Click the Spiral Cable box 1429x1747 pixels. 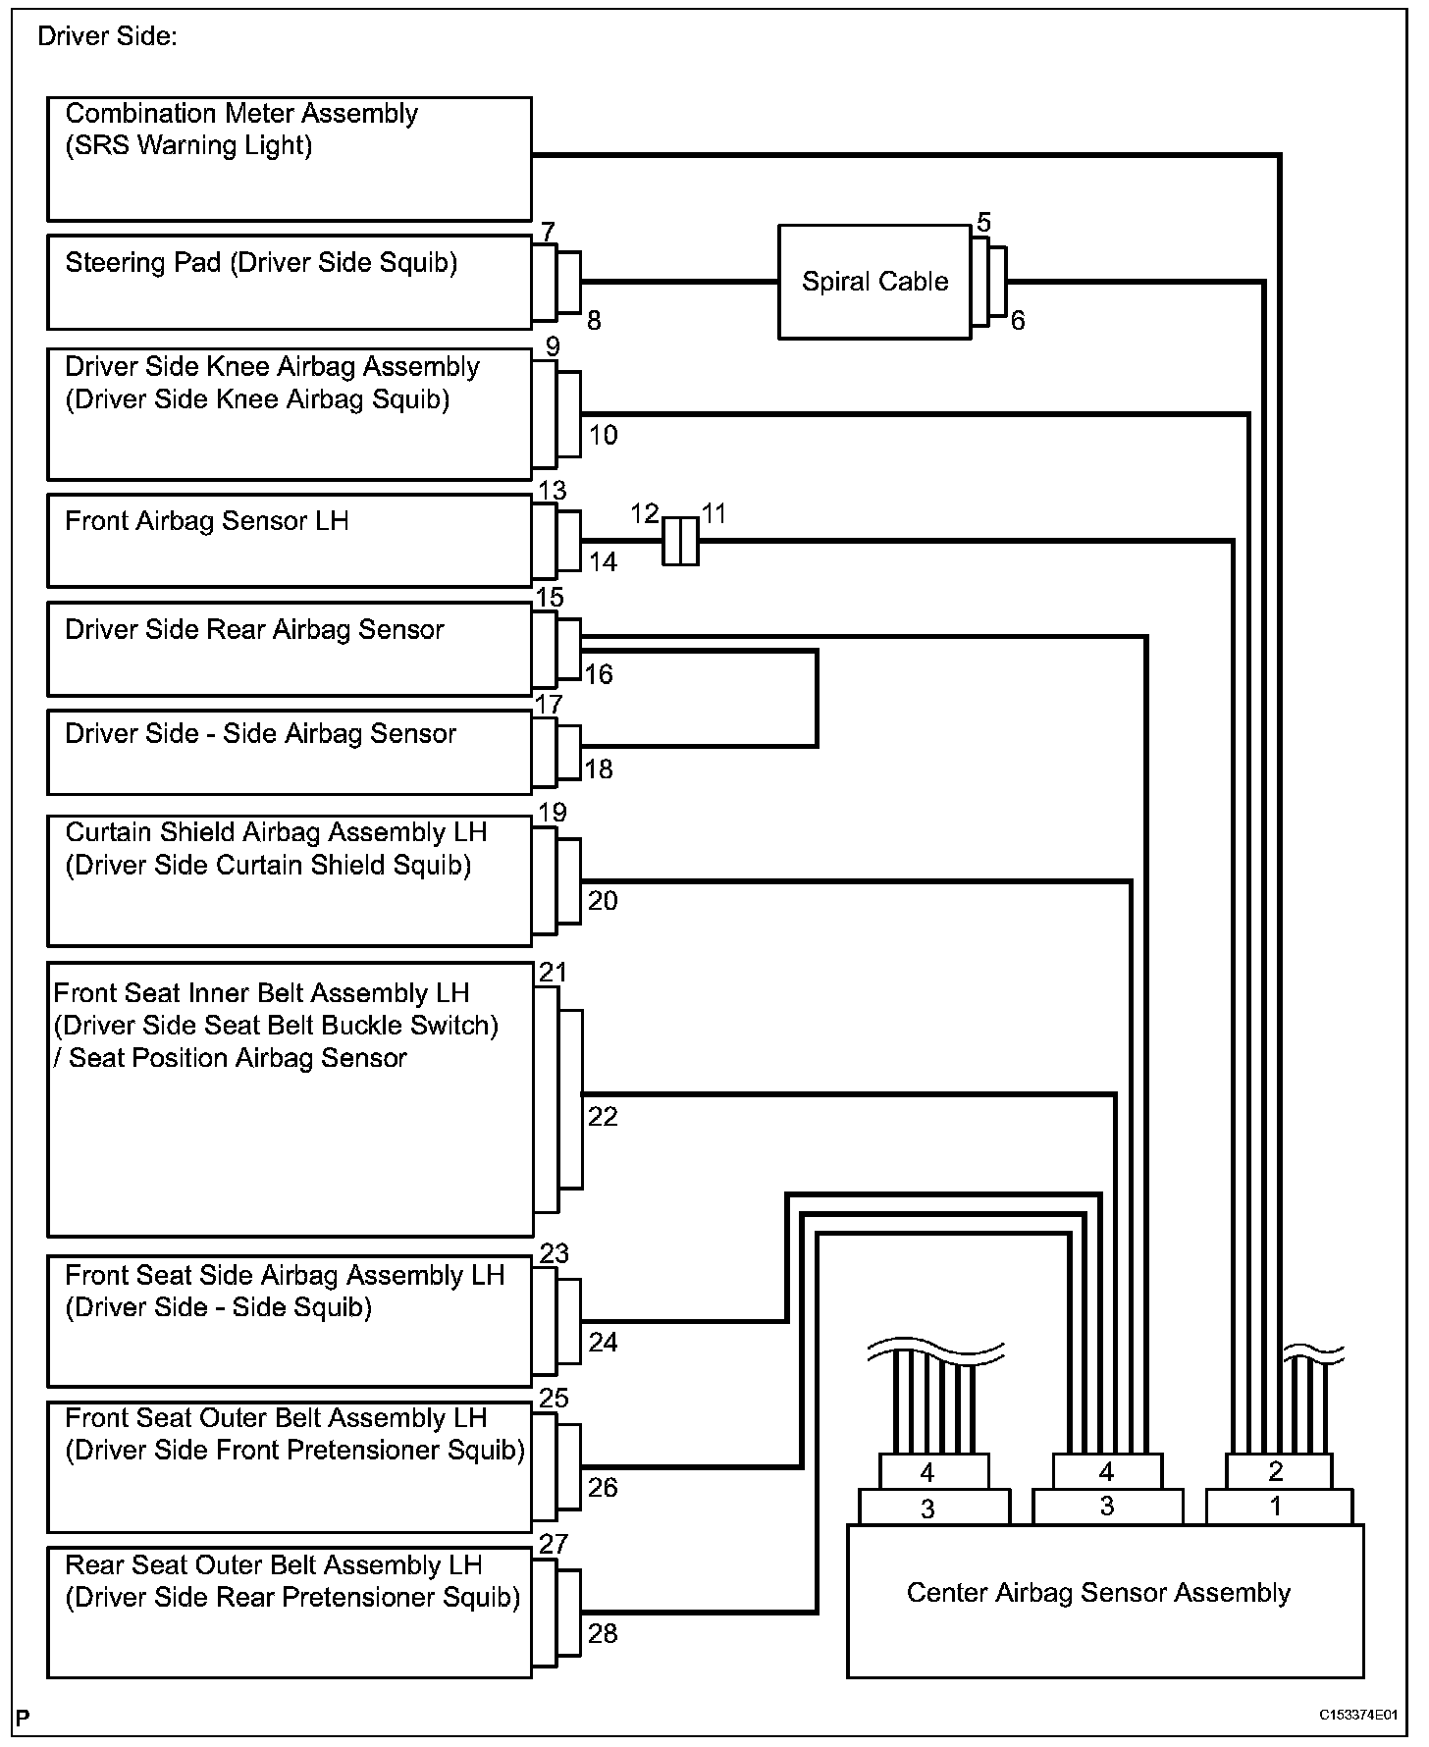[874, 282]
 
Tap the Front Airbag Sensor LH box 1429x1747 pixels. [290, 540]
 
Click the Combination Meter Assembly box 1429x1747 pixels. [290, 158]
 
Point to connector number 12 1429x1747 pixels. [644, 513]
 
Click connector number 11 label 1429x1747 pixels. [714, 513]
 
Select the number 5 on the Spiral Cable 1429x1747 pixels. [983, 223]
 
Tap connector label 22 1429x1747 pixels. [603, 1117]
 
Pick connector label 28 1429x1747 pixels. [603, 1633]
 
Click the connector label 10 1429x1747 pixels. [603, 435]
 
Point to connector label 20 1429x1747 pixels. [603, 901]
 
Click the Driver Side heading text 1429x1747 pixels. [107, 37]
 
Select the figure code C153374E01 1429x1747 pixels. [1356, 1715]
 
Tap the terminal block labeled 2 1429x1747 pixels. [1276, 1471]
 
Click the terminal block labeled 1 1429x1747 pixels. [1276, 1507]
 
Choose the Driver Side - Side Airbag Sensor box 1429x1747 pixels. [290, 752]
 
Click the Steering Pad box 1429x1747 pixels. [290, 282]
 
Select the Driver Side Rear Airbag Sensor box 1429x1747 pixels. [290, 648]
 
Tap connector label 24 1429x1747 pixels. [603, 1342]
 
